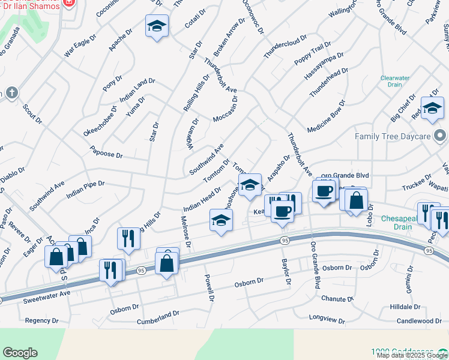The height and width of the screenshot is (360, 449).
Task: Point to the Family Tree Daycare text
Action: click(x=393, y=136)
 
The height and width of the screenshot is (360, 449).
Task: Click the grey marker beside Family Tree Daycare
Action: click(x=441, y=136)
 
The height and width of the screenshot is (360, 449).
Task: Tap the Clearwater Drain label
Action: click(x=395, y=81)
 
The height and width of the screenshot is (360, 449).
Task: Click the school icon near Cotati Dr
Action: click(x=157, y=26)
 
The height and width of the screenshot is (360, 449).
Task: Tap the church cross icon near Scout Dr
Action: click(x=11, y=93)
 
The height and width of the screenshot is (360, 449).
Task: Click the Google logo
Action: click(x=20, y=353)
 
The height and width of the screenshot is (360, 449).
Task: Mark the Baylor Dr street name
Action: click(x=286, y=272)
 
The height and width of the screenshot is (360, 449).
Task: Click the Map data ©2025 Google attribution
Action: click(x=412, y=355)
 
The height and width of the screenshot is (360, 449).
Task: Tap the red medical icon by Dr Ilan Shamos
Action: click(x=68, y=2)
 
